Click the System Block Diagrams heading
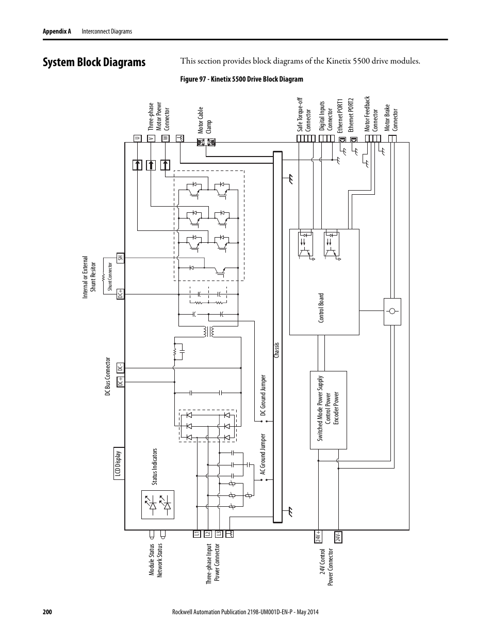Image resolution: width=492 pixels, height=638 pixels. click(x=94, y=63)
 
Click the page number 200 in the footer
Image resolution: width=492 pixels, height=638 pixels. click(x=47, y=612)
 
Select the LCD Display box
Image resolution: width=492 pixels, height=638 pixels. click(x=119, y=463)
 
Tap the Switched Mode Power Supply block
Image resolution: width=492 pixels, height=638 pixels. click(x=328, y=410)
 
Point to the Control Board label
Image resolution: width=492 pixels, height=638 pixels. click(x=321, y=308)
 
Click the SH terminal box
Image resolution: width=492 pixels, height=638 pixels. click(x=120, y=257)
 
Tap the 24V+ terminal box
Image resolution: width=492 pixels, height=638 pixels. click(x=318, y=537)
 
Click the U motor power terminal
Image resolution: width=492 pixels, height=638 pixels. click(x=137, y=138)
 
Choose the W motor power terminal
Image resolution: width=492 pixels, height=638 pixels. click(x=165, y=138)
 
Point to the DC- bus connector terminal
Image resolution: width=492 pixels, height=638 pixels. click(x=120, y=368)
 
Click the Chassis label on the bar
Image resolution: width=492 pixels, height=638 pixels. click(x=277, y=351)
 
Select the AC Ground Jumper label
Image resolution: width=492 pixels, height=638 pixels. click(x=263, y=455)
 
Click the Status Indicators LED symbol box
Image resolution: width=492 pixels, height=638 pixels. click(x=158, y=505)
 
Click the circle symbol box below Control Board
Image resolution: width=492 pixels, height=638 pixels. click(x=392, y=312)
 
